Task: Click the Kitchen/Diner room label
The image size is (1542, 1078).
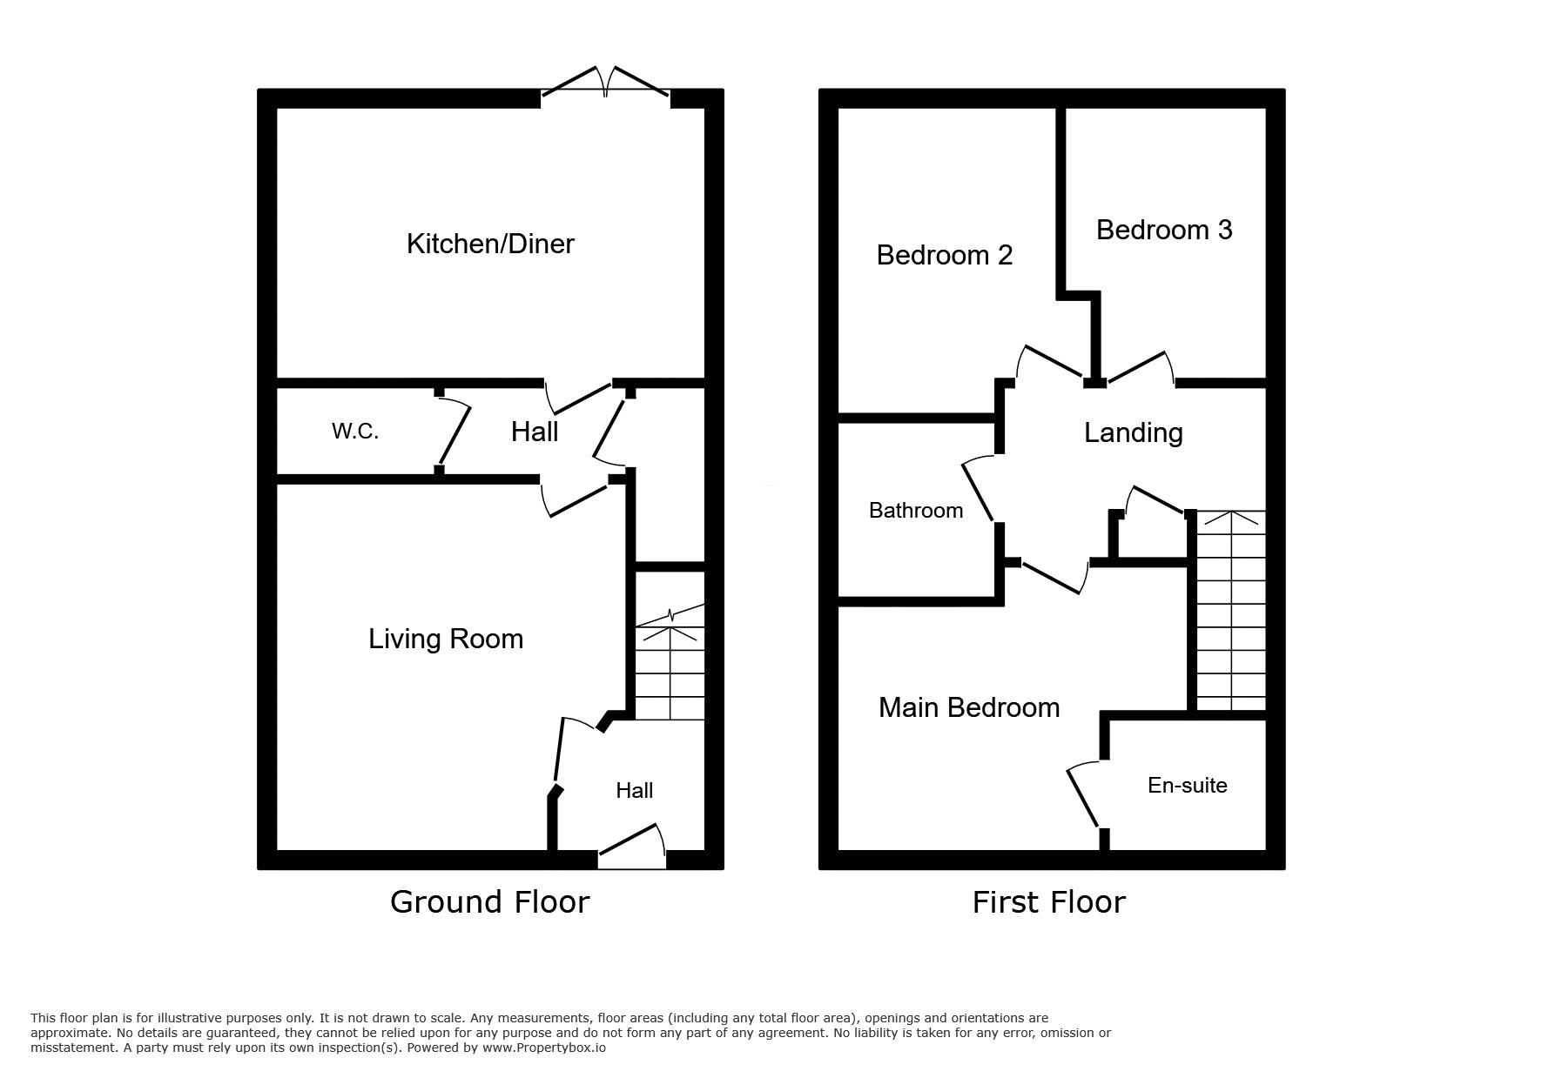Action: click(x=490, y=244)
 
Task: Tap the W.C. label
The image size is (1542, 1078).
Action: click(x=355, y=431)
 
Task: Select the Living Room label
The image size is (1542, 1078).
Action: click(x=446, y=639)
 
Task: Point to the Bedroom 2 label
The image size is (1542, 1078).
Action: click(x=945, y=255)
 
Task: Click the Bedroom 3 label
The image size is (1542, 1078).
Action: click(x=1164, y=230)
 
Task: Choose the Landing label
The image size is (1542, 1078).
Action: click(x=1133, y=433)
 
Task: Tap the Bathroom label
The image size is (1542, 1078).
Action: click(x=916, y=510)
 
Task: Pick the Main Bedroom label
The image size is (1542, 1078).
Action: click(x=969, y=707)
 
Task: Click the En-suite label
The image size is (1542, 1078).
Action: click(x=1188, y=785)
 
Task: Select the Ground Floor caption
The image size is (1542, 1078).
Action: click(x=490, y=901)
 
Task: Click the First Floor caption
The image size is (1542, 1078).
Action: click(x=1048, y=902)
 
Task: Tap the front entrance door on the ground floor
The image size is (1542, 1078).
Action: click(x=632, y=845)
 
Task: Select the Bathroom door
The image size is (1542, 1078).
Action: click(x=978, y=489)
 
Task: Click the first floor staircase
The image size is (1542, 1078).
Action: click(x=1230, y=611)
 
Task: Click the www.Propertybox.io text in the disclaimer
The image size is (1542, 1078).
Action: click(x=544, y=1048)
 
